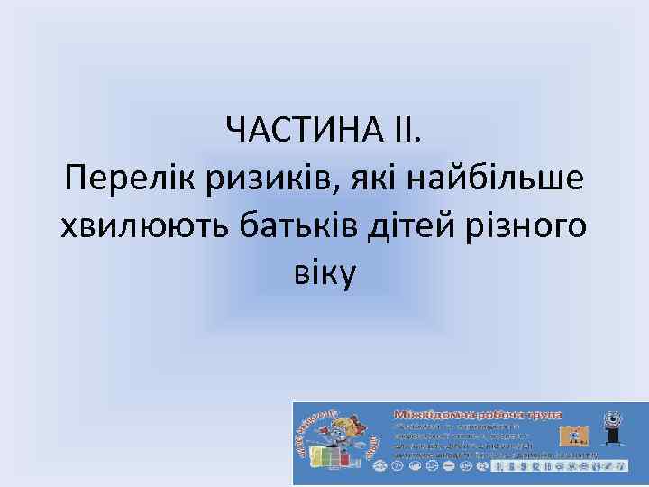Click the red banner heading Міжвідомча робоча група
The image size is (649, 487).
478,414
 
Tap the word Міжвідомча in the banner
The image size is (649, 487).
431,414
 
